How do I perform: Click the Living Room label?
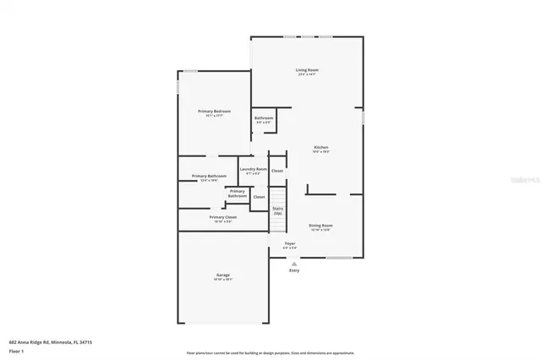307,70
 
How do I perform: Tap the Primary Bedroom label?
214,112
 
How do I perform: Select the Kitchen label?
320,147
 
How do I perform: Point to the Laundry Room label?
253,169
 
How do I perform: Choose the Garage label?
222,275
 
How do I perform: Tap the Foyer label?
290,243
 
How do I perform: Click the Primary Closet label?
222,217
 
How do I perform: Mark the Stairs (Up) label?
277,210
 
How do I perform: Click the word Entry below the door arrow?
294,270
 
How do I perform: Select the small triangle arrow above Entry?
294,263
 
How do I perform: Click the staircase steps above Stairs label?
278,199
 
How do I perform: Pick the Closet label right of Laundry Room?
277,171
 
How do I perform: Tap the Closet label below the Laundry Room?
259,197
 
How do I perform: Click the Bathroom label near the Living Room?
263,118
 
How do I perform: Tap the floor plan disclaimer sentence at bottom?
270,353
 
